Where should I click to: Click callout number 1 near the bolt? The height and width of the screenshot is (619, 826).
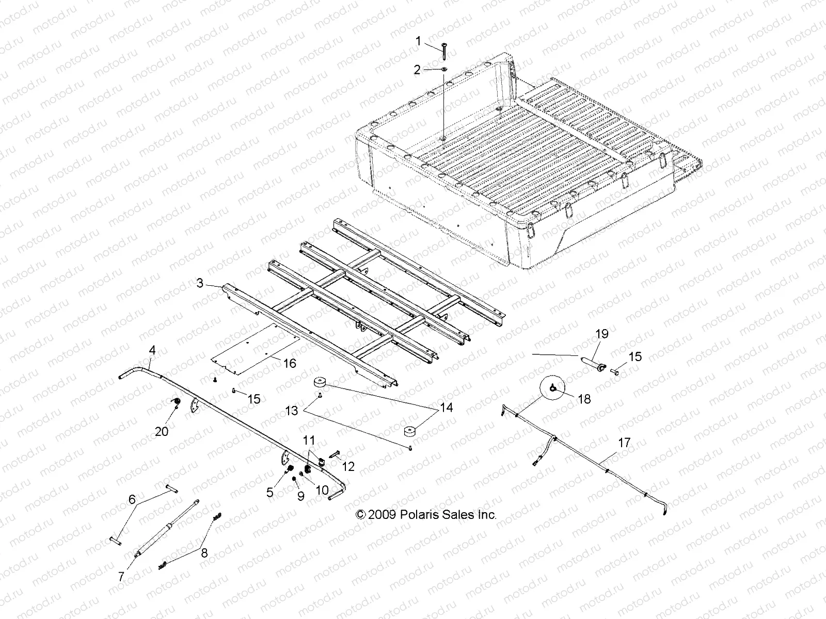[x=419, y=41]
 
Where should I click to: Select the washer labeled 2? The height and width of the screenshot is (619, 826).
[x=444, y=69]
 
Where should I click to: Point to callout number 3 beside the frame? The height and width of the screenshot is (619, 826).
[x=200, y=283]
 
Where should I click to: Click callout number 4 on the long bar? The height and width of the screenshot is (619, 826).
[x=152, y=350]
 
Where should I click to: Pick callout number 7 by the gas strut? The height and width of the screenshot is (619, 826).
[x=121, y=577]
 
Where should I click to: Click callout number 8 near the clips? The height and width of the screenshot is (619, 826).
[x=204, y=553]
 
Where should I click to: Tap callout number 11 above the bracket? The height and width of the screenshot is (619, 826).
[x=309, y=440]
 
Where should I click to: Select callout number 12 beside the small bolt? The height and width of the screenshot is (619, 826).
[x=348, y=466]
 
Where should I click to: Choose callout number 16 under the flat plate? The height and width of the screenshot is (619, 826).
[x=290, y=364]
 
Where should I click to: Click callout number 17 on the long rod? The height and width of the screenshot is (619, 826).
[x=624, y=442]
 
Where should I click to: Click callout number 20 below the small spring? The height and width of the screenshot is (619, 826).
[x=162, y=431]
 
